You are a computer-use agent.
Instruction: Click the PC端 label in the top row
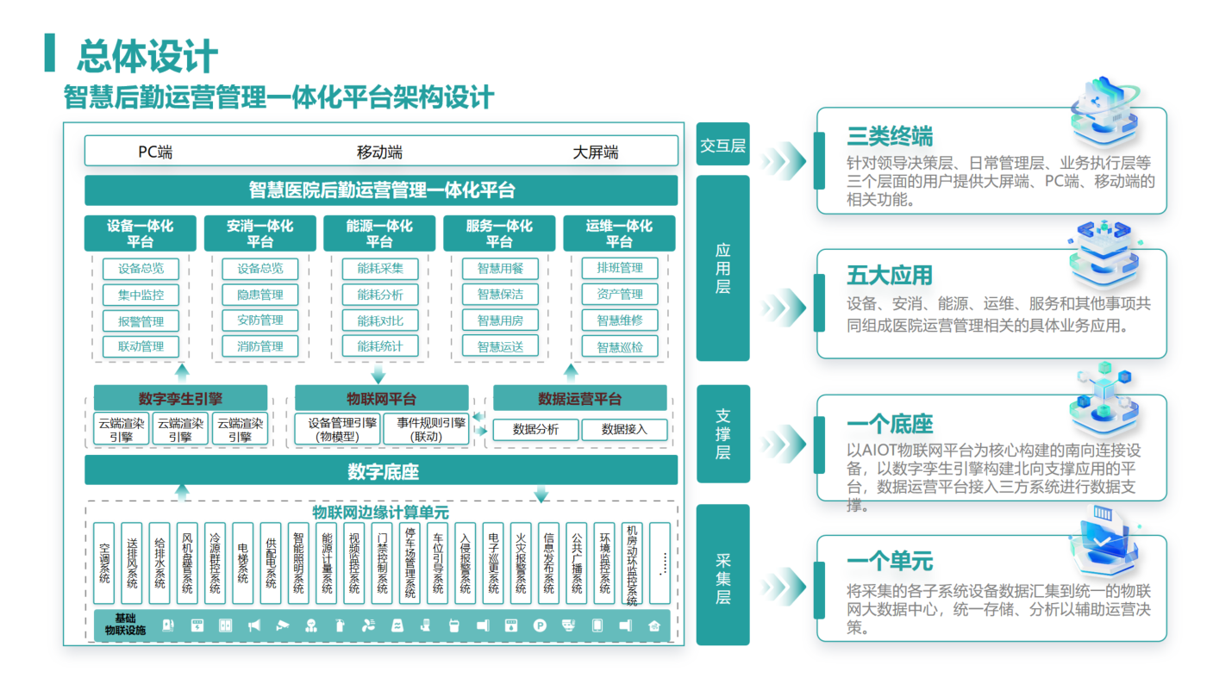point(155,152)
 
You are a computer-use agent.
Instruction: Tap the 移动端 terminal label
point(379,152)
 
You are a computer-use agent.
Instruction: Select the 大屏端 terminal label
point(596,152)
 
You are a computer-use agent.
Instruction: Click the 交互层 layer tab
point(722,146)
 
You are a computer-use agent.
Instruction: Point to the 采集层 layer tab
point(722,575)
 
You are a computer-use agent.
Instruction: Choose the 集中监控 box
point(141,295)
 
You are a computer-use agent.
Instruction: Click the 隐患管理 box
point(259,295)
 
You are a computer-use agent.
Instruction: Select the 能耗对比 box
point(379,320)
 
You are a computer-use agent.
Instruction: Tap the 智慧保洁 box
point(500,295)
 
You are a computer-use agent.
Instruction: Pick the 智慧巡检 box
point(620,347)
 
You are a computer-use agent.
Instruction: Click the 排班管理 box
point(620,268)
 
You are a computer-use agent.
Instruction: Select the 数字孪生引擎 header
point(180,399)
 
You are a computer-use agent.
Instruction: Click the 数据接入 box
point(623,429)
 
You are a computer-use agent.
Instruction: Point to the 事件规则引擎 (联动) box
point(431,429)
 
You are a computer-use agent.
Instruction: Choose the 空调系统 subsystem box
point(104,563)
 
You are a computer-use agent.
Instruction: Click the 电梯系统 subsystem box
point(243,563)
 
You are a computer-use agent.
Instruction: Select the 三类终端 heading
point(889,136)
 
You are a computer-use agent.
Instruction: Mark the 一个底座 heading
point(889,424)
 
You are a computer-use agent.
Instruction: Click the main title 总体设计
point(147,57)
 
